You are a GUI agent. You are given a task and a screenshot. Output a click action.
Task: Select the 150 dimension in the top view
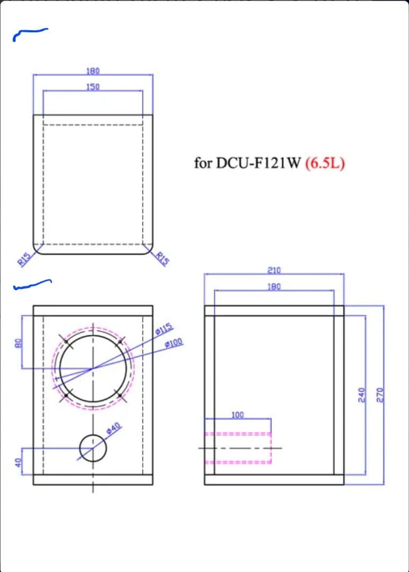93,86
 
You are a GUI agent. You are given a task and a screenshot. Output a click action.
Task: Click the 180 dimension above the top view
93,70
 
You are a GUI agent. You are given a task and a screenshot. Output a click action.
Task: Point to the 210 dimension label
274,270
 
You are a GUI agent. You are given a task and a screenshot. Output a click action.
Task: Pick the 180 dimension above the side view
274,287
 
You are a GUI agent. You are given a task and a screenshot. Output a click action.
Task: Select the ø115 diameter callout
164,328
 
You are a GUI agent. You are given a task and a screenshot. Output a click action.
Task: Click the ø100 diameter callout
174,343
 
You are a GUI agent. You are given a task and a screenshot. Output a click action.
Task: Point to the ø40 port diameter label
115,428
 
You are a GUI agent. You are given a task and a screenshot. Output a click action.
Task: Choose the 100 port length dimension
237,415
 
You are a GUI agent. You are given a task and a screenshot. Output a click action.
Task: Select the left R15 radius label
23,259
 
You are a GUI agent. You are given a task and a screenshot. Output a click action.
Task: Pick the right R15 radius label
163,260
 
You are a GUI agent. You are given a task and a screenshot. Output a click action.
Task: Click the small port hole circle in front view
93,448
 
